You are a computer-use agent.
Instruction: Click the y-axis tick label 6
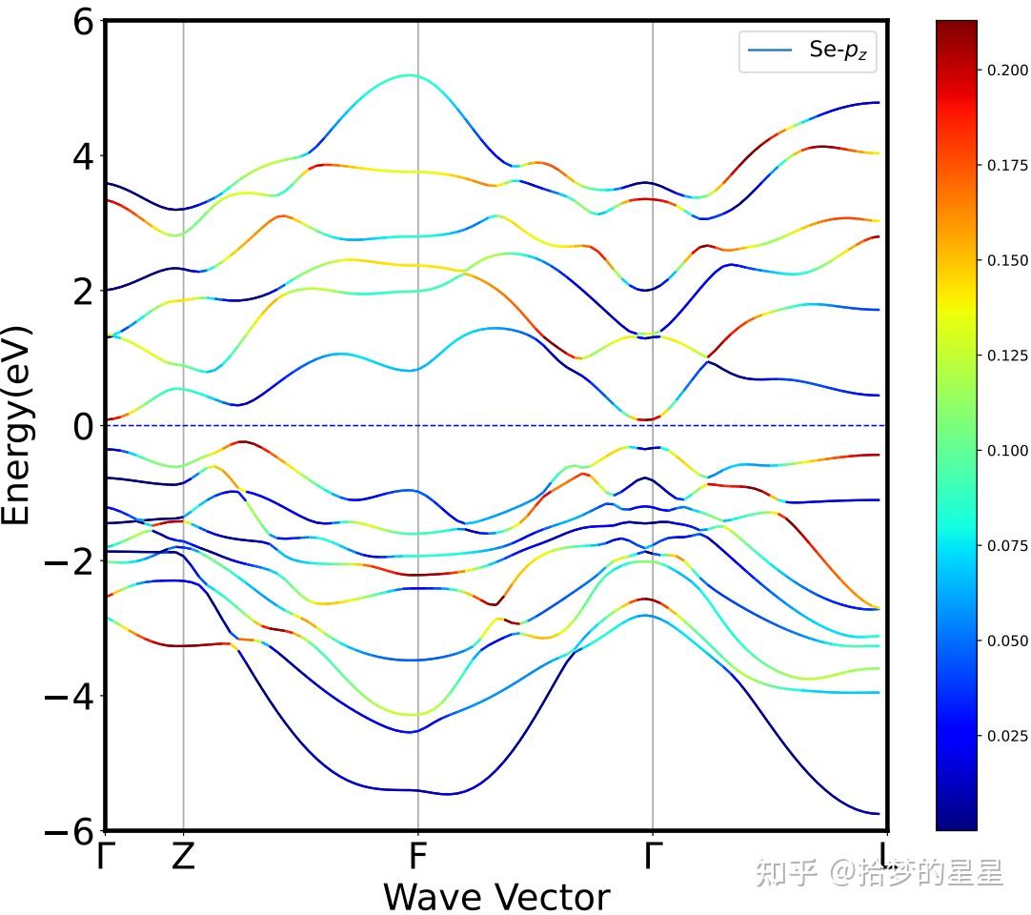83,21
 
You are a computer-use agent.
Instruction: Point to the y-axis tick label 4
83,155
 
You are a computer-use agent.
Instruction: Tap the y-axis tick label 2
83,291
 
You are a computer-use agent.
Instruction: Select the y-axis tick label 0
83,425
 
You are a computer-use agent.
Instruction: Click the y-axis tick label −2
70,560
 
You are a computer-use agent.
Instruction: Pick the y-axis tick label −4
70,696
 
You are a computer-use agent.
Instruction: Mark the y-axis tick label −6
70,831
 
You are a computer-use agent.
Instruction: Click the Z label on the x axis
183,857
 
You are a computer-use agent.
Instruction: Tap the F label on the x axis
417,857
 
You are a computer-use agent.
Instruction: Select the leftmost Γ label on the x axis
105,857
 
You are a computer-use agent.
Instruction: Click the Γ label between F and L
652,857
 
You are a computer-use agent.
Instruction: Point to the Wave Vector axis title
495,897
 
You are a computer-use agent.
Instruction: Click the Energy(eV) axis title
17,425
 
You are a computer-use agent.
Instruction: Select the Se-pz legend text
838,51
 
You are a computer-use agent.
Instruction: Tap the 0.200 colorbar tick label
1007,70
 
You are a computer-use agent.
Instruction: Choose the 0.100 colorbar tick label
1007,450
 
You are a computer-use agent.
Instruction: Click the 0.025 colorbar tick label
1007,735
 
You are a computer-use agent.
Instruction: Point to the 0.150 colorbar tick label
1007,260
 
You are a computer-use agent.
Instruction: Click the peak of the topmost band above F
411,74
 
